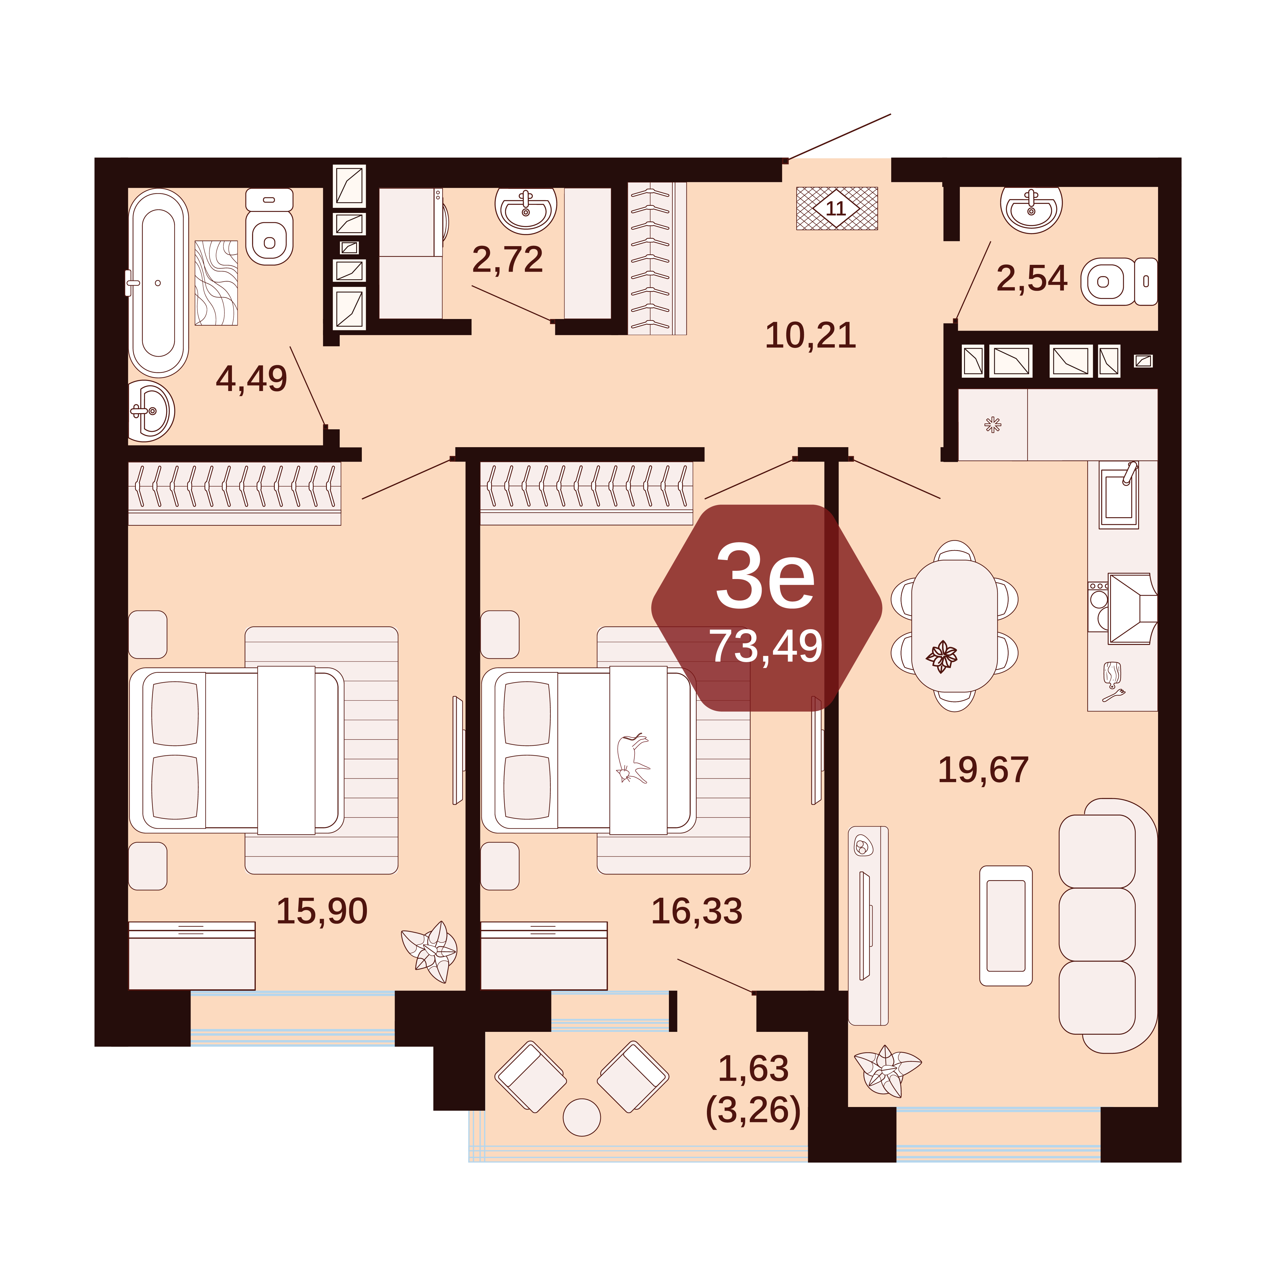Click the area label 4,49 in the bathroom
click(252, 379)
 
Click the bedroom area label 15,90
click(322, 911)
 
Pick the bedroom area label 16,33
click(697, 911)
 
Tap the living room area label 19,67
click(983, 770)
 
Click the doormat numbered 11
click(837, 208)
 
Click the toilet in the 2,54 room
click(1119, 281)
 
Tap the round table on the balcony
click(582, 1117)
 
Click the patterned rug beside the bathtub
click(216, 283)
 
